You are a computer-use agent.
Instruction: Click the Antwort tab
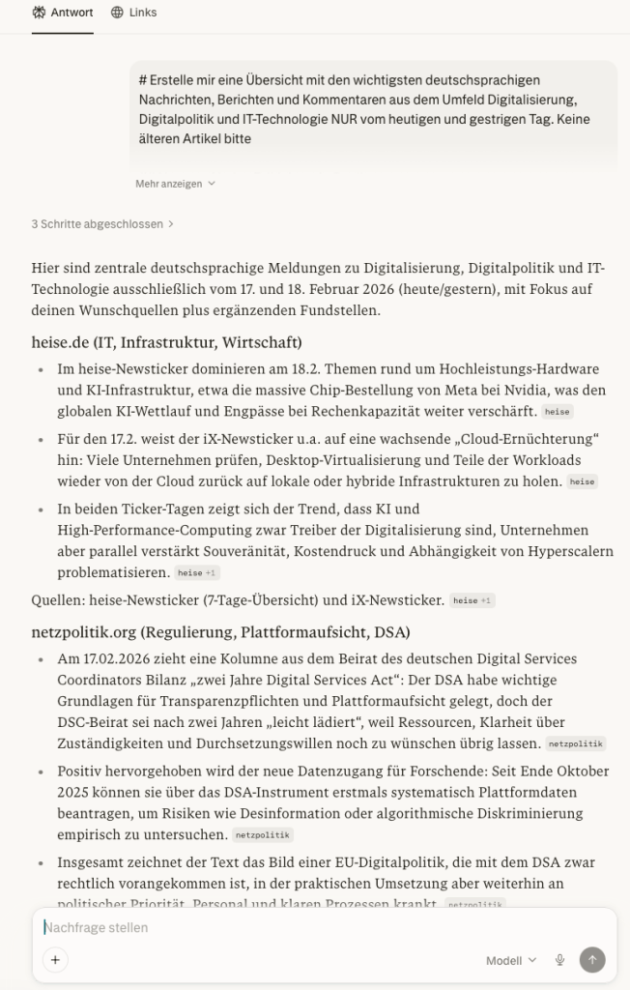pos(63,13)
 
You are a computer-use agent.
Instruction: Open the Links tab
pos(133,13)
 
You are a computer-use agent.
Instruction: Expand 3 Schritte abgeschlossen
pos(102,223)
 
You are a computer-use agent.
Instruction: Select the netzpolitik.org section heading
pos(220,632)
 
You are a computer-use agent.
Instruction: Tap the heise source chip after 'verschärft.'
pos(557,412)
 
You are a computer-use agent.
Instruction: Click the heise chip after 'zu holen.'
pos(582,481)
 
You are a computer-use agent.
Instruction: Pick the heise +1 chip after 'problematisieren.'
pos(196,573)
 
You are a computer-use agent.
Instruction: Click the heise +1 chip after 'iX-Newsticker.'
pos(472,600)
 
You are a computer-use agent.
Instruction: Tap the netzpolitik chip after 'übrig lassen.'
pos(576,743)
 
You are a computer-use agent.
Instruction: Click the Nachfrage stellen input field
pos(290,927)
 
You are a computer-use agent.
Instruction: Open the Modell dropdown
pos(510,960)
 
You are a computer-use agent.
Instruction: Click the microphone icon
pos(559,960)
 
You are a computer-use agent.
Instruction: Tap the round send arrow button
pos(592,960)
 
